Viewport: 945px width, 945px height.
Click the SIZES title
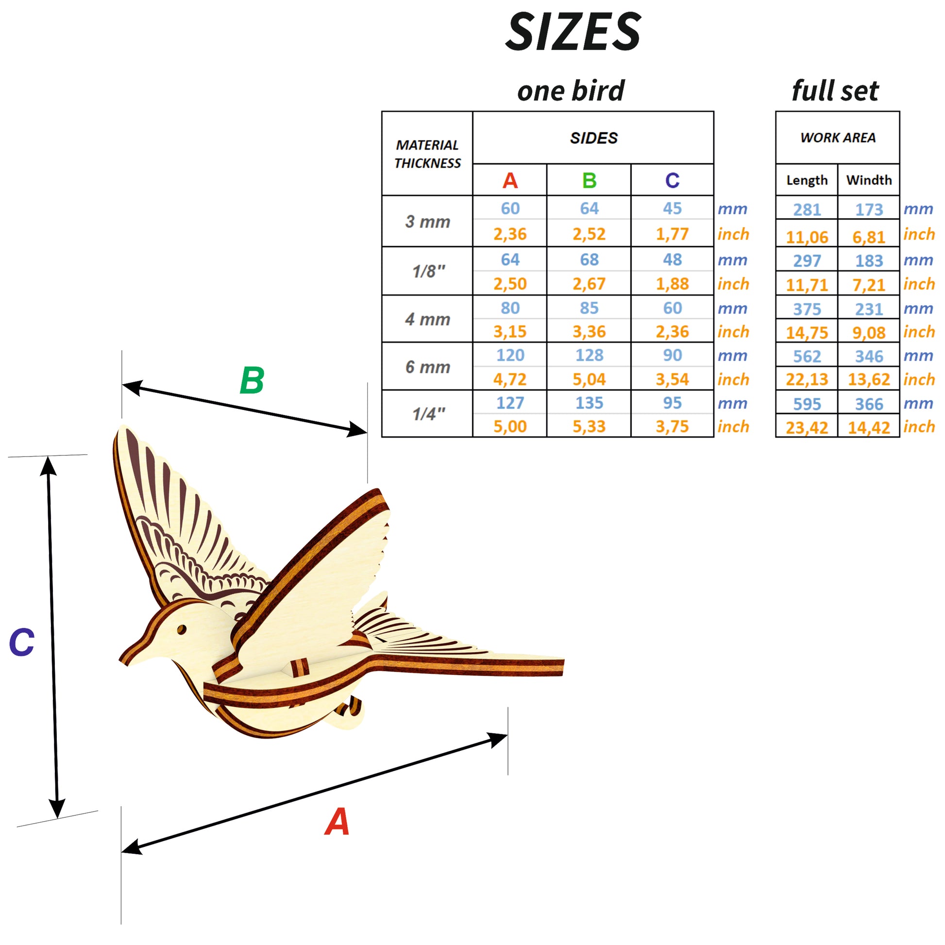pos(573,32)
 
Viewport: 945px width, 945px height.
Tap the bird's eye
pos(181,629)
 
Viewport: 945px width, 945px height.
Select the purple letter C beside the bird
pos(22,642)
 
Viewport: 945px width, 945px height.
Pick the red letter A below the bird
pos(337,822)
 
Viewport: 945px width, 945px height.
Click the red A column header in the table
pos(510,181)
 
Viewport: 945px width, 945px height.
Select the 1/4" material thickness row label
pos(428,414)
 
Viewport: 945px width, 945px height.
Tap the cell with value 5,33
pos(589,426)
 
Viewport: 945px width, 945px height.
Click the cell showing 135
pos(589,403)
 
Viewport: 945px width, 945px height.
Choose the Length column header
pos(807,180)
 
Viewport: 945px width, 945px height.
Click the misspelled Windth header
pos(869,180)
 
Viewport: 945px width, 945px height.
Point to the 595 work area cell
pos(807,404)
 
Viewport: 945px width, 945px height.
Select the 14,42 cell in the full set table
pos(869,427)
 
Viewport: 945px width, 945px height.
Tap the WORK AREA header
pos(837,137)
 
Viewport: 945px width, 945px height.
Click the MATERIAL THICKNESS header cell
pos(427,153)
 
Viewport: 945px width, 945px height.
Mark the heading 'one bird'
pos(571,91)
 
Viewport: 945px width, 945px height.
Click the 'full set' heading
pos(835,91)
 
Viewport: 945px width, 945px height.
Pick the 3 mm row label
pos(427,221)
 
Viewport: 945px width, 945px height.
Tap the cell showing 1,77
pos(672,234)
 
